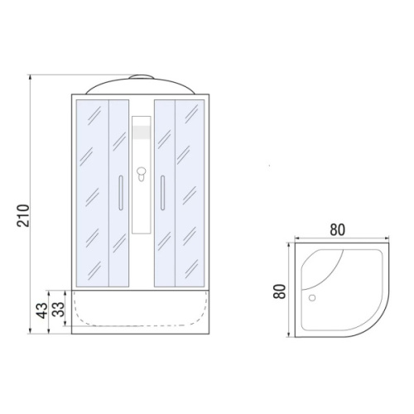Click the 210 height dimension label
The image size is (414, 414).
coord(23,215)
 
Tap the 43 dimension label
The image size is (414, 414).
coord(42,310)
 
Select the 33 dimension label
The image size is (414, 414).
coord(59,309)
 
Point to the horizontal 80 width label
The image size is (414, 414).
coord(337,229)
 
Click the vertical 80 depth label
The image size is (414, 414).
coord(280,291)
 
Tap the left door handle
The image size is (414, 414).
coord(121,193)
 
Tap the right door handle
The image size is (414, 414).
coord(162,193)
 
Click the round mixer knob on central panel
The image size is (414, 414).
coord(142,172)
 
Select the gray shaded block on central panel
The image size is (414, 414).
coord(142,132)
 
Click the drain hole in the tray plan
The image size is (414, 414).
coord(312,298)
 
